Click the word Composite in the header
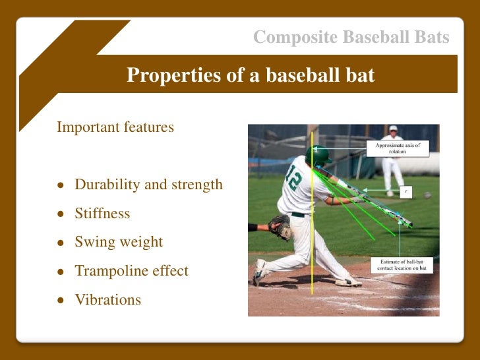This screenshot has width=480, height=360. pos(295,38)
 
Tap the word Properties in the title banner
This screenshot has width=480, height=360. pos(173,75)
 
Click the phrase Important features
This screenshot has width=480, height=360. pos(115,127)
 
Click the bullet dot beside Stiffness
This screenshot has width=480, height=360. pos(61,214)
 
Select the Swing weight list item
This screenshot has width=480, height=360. pos(119,242)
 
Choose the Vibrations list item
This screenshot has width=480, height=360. pos(108,300)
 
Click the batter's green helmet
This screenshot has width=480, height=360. pos(318,156)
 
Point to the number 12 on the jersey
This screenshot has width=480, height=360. pos(293,177)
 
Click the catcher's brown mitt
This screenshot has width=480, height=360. pos(280,227)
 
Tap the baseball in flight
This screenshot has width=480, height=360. pos(427,195)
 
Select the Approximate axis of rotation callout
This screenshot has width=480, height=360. pos(398,148)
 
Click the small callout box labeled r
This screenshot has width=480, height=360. pos(406,192)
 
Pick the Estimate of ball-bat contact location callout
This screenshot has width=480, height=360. pos(402,265)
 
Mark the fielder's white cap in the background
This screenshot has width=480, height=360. pos(393,129)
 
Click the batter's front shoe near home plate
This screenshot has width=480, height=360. pos(348,282)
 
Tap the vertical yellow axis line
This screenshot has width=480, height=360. pos(312,213)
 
